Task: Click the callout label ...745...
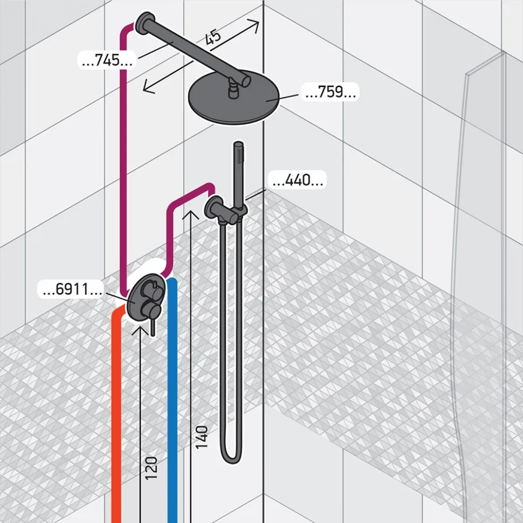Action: click(107, 60)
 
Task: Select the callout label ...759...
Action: click(330, 92)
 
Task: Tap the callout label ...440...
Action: click(298, 180)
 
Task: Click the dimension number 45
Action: click(213, 37)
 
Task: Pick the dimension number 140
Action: click(202, 437)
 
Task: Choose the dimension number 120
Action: click(152, 469)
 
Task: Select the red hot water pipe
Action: click(118, 414)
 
